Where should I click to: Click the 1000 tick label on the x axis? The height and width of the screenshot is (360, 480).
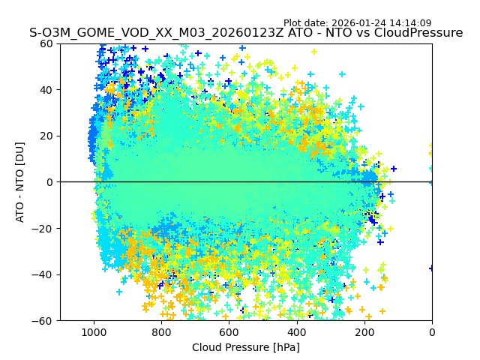[x=94, y=332]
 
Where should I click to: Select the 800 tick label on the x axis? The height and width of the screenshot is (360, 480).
[x=161, y=332]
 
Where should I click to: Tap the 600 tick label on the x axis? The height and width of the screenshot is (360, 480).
[x=229, y=332]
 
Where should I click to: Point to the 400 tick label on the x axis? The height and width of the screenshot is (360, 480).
[x=296, y=332]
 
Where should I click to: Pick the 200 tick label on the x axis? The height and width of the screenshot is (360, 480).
[x=364, y=332]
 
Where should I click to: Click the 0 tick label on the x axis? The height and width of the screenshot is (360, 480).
[x=432, y=332]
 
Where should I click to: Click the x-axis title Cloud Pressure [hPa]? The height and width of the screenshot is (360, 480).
[x=246, y=347]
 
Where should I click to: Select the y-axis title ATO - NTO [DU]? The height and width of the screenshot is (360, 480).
[x=21, y=182]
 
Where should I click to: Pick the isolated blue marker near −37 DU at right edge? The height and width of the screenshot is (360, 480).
[x=432, y=268]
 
